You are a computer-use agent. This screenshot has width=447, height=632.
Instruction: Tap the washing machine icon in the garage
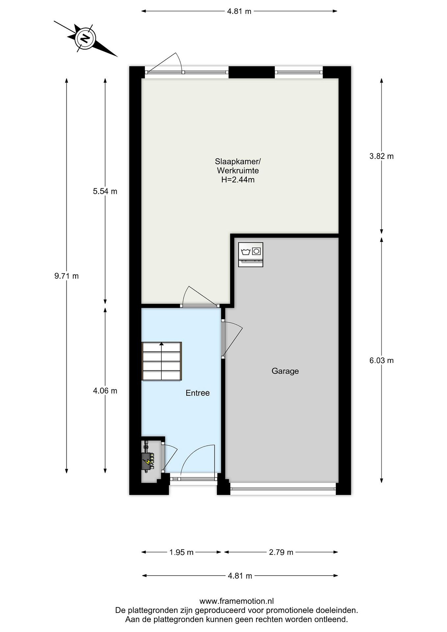coord(250,254)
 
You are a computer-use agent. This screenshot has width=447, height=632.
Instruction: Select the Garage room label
coord(285,371)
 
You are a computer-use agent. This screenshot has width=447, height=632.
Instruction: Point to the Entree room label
coord(198,393)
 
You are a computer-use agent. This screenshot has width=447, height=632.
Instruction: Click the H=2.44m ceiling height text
coord(238,180)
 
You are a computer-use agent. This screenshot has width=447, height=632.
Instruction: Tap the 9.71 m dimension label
coord(67,276)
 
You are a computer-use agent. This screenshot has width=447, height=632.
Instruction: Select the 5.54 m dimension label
coord(105,191)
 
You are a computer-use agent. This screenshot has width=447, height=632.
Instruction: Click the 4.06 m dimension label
coord(105,391)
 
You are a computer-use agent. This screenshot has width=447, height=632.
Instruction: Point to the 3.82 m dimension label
coord(381,156)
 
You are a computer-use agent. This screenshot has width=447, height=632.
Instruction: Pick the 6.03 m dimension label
coord(381,360)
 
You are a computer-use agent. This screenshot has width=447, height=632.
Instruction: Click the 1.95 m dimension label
coord(181,552)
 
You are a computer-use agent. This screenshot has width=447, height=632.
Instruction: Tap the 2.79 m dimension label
coord(281,552)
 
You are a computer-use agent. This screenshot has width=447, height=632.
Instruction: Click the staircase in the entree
coord(162,361)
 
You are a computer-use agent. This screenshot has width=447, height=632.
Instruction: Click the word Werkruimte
coord(238,171)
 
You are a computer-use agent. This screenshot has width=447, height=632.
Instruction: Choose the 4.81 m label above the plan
coord(239,11)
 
